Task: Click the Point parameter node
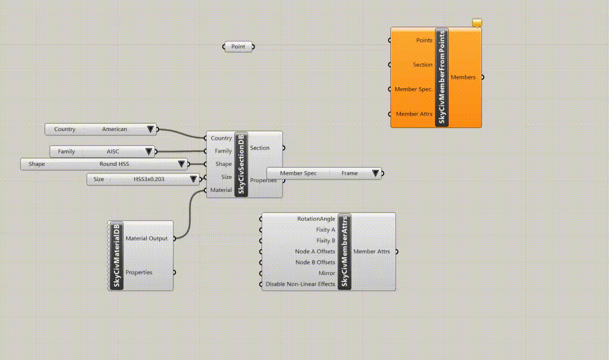click(x=239, y=47)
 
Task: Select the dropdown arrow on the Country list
click(x=150, y=129)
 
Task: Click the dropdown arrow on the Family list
click(x=149, y=152)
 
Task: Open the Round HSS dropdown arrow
click(x=182, y=164)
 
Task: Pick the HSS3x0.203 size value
click(x=149, y=179)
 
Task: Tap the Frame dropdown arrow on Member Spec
click(x=375, y=173)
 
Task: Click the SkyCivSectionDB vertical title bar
click(x=241, y=164)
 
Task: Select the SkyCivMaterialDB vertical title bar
click(x=116, y=256)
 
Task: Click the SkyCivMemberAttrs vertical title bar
click(x=345, y=252)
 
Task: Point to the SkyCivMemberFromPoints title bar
click(x=442, y=77)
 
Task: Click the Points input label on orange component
click(x=424, y=40)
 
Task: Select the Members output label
click(x=463, y=77)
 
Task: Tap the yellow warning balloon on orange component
click(x=477, y=23)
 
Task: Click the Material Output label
click(x=146, y=238)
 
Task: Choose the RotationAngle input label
click(x=316, y=219)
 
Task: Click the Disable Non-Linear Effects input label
click(x=300, y=284)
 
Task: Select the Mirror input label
click(x=327, y=274)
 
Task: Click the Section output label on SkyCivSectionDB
click(x=260, y=148)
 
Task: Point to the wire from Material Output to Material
click(x=190, y=214)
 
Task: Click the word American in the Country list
click(x=115, y=129)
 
